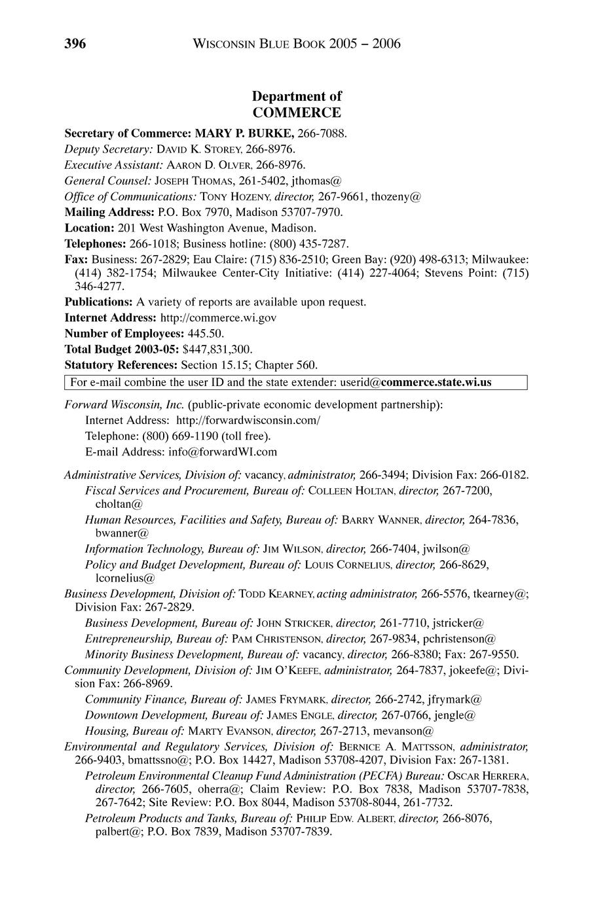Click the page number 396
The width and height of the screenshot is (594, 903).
click(x=75, y=44)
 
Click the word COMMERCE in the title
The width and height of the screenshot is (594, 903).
click(x=297, y=113)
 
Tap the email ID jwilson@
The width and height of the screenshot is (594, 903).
click(x=448, y=548)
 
